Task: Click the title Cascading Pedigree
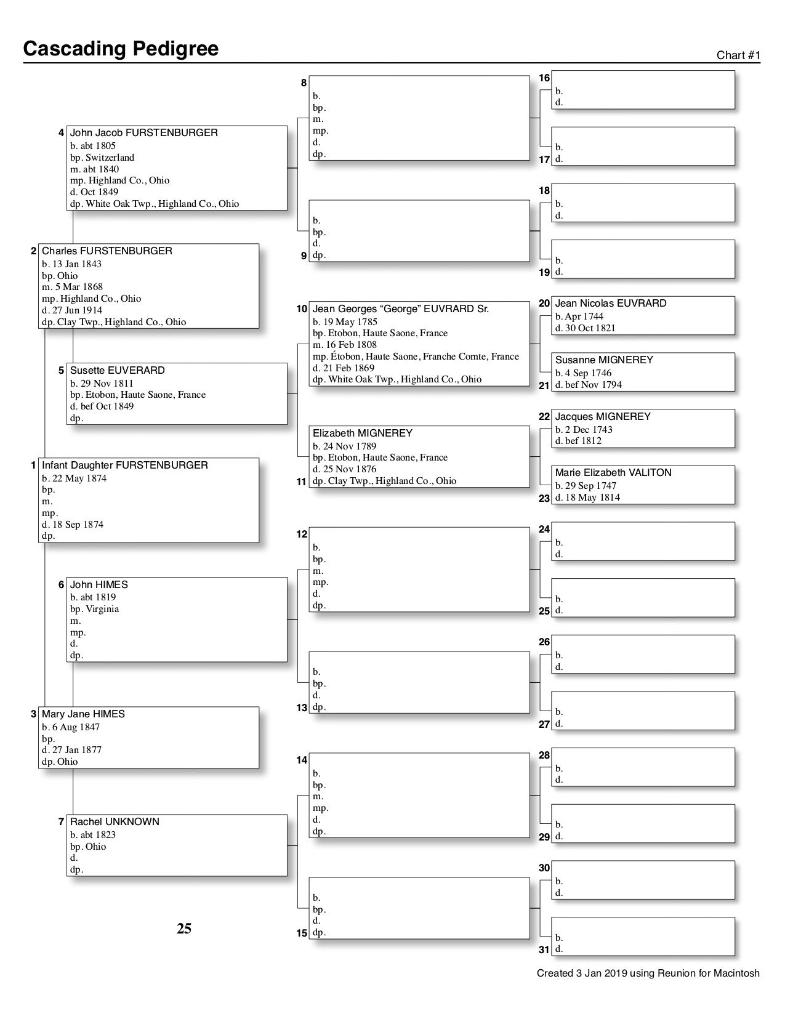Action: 121,49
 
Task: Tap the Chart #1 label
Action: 738,55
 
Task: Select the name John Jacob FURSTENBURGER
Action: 143,133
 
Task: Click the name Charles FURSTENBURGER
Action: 107,251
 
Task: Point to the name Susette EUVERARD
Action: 117,371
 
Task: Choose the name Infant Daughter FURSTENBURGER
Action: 124,466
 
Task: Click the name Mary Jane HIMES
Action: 83,714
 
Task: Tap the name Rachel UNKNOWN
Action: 115,822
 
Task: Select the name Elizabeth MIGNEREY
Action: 362,433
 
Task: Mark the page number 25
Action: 184,929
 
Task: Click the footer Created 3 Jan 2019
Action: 648,974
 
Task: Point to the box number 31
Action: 544,949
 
